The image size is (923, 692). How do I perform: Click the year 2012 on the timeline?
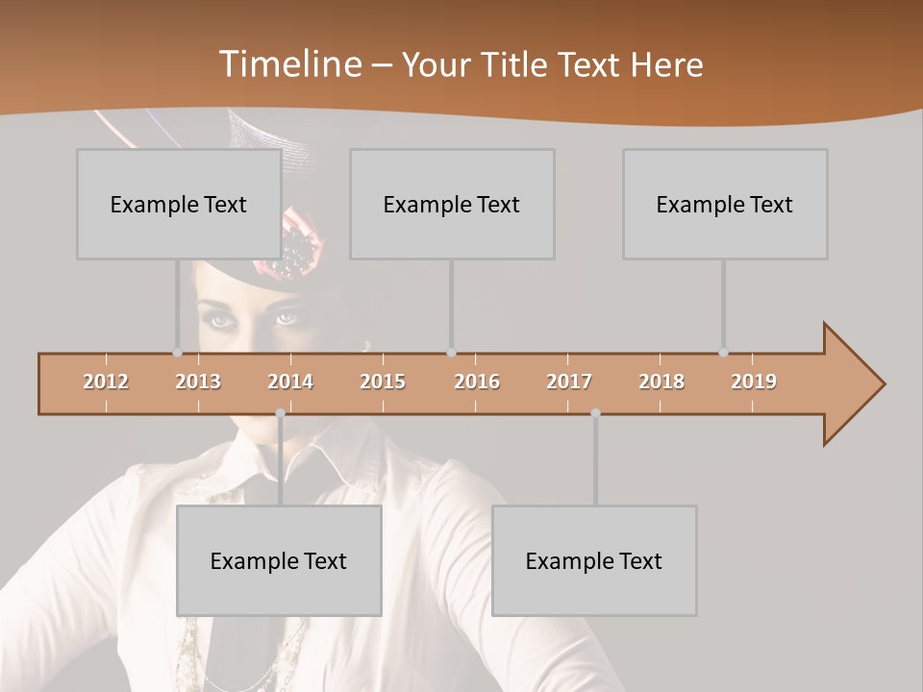pos(106,382)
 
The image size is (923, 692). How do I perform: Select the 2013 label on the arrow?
pos(198,382)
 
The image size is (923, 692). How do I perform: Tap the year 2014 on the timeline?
pos(290,382)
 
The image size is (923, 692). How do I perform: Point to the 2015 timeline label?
pos(383,382)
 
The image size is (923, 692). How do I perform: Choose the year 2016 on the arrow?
pos(477,382)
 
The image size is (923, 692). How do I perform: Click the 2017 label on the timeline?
pos(569,382)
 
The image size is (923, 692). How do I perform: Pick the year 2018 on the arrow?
pos(661,382)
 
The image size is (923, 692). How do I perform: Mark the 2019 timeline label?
pos(754,382)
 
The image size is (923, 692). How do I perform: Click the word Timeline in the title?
pos(289,64)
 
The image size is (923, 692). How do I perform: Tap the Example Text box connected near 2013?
pos(179,204)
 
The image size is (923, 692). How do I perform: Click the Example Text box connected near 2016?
pos(452,204)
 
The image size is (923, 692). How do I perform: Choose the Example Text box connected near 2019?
pos(725,204)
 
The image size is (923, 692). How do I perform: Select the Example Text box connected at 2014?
pos(279,560)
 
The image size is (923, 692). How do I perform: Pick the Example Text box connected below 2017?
pos(594,560)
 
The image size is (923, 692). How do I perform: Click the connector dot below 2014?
pos(280,413)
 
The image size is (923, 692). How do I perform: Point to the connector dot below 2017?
pos(595,413)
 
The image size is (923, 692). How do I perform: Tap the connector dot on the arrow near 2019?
pos(724,353)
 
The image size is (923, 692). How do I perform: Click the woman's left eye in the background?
pos(287,318)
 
